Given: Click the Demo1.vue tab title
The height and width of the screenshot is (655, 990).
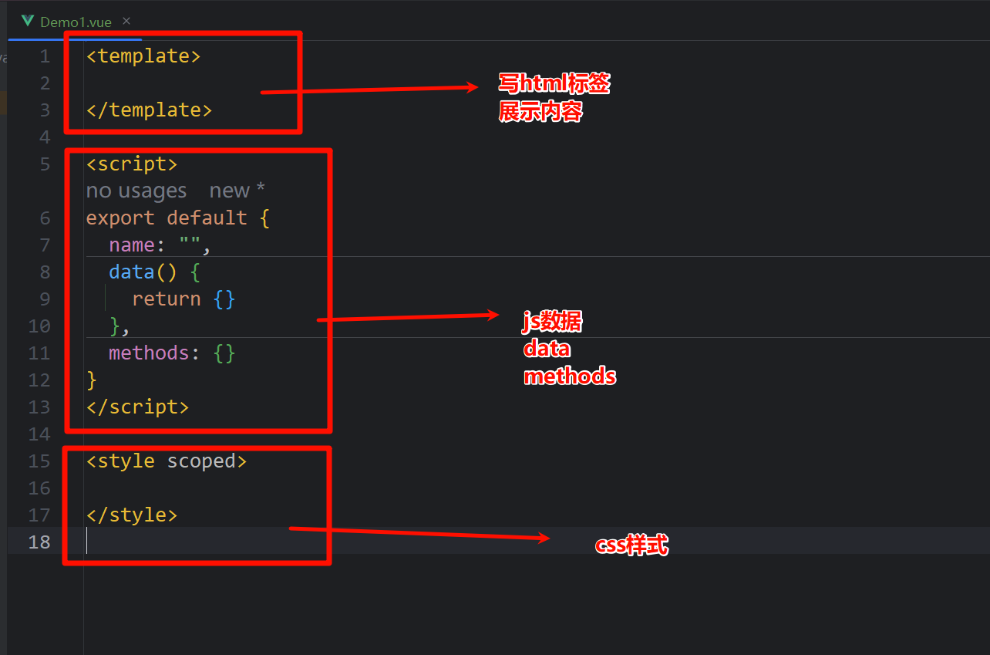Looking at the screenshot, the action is (x=76, y=22).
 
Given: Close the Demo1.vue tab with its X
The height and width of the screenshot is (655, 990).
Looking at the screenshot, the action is (x=126, y=21).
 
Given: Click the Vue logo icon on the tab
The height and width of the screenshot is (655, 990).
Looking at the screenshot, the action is (x=29, y=21).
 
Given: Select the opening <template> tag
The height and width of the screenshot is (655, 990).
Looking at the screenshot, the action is (x=143, y=56).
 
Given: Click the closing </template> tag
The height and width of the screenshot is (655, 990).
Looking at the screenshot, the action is (x=149, y=110).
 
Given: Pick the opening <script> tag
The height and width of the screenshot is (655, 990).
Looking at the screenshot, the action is (x=132, y=164).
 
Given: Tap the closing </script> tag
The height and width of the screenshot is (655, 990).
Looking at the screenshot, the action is (x=137, y=407).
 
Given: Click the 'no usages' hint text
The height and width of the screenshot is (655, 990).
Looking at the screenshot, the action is (x=136, y=191).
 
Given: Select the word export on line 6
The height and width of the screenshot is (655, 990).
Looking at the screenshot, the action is (x=120, y=218).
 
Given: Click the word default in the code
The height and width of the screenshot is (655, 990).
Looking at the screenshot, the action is (x=207, y=218).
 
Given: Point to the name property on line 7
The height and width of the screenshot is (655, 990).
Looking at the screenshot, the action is (x=132, y=245).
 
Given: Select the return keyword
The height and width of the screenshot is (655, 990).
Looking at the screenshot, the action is (x=166, y=299).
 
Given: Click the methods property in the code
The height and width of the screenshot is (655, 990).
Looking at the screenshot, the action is (x=149, y=353).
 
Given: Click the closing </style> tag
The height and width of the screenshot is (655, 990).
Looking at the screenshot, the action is (x=132, y=515).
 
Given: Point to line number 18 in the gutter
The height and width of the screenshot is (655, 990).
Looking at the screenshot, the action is (x=39, y=542).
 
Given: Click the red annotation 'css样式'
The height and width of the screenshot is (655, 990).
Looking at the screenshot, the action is (x=631, y=545).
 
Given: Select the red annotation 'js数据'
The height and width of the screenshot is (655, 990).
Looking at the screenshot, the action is (x=552, y=322).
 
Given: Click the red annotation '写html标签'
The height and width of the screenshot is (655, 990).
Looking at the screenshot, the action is (x=554, y=83).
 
